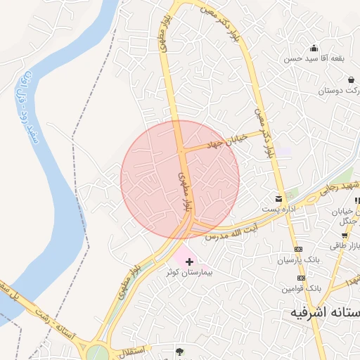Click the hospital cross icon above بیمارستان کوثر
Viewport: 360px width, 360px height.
[x=189, y=262]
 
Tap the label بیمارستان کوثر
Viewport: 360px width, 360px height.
[x=190, y=271]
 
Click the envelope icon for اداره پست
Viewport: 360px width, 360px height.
[x=279, y=199]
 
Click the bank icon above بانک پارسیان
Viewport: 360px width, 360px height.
[x=298, y=250]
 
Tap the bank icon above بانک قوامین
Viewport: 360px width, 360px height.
[x=299, y=277]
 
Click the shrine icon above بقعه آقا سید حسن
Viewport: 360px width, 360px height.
[x=314, y=49]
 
